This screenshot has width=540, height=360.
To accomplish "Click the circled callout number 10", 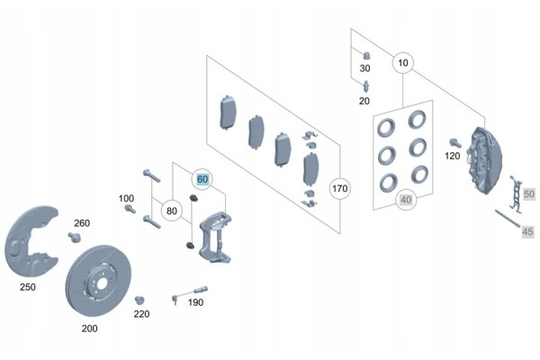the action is click(x=402, y=63).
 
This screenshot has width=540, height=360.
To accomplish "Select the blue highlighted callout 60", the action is click(x=202, y=179).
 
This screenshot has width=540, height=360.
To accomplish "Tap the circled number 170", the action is click(x=340, y=188).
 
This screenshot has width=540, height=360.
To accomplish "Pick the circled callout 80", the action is click(x=172, y=211).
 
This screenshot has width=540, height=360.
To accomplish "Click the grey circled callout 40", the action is click(x=406, y=200).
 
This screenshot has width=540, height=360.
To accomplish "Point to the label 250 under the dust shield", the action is click(x=28, y=287).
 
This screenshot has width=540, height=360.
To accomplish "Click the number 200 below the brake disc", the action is click(x=89, y=328).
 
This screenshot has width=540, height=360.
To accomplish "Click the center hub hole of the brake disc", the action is click(x=102, y=283).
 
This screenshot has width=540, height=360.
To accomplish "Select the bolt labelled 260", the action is click(x=74, y=237).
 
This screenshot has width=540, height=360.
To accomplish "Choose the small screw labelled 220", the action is click(x=139, y=300).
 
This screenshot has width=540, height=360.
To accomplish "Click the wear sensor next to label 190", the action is click(x=189, y=294).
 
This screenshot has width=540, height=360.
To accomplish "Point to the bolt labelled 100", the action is click(x=130, y=209).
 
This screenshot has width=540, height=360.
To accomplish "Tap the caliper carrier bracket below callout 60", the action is click(x=215, y=237).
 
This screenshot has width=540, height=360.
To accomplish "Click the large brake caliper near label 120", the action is click(x=484, y=160).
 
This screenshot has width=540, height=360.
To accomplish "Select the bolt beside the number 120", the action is click(x=455, y=142).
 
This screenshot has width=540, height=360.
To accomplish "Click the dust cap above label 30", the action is click(x=367, y=56).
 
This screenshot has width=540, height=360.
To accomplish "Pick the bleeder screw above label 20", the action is click(x=366, y=86).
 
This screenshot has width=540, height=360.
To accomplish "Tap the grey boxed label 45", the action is click(x=527, y=231).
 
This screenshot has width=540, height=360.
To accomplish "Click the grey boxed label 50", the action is click(x=529, y=194).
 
